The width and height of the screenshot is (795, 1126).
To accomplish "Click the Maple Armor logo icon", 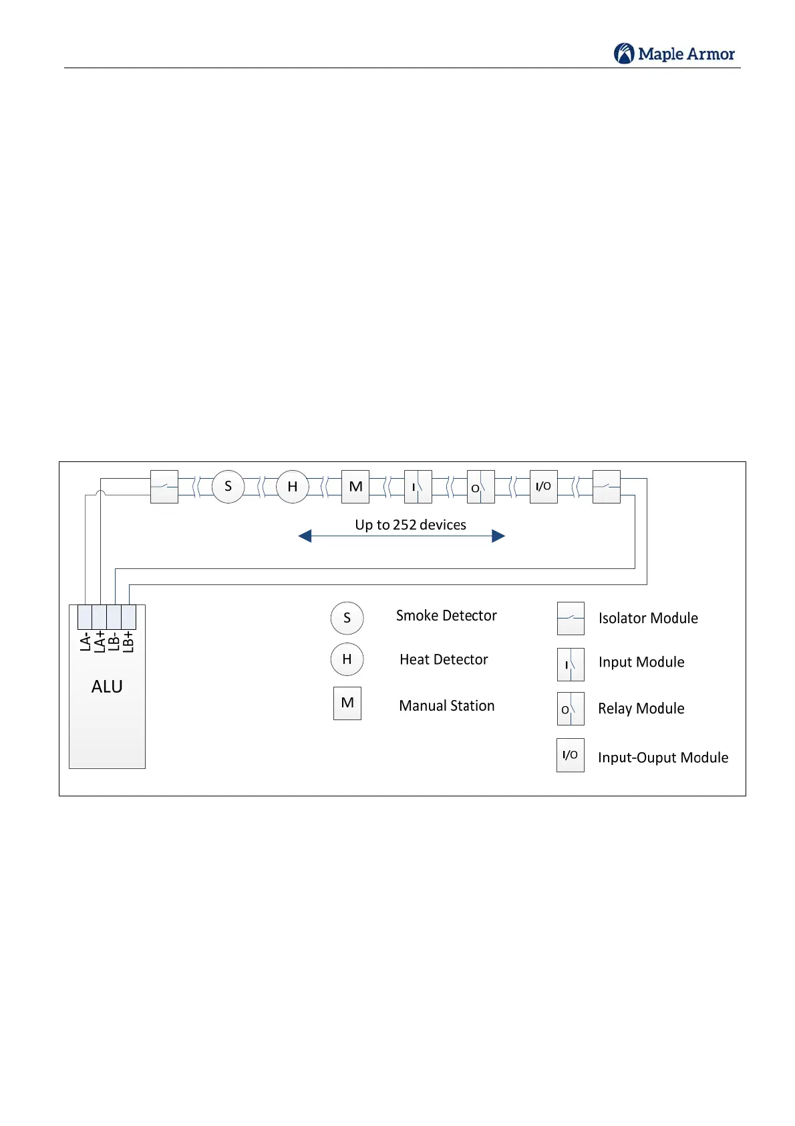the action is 624,53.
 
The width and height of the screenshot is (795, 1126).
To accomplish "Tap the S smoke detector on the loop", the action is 228,487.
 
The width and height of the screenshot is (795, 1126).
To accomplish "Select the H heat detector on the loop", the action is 292,487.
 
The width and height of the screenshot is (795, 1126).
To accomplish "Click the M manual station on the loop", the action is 355,487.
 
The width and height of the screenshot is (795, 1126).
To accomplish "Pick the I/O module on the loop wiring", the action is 543,487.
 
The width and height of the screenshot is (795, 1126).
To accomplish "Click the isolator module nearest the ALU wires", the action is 164,487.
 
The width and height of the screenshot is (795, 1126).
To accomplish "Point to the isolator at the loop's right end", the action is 607,487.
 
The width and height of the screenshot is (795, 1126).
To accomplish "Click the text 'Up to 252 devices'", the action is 410,525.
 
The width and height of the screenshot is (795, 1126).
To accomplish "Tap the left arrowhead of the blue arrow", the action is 305,536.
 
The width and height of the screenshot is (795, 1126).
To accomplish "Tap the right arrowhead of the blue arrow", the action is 498,536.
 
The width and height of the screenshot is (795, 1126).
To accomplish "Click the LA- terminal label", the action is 86,642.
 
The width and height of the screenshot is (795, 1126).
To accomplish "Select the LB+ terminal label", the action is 129,642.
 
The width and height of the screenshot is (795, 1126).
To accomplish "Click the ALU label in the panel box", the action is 107,687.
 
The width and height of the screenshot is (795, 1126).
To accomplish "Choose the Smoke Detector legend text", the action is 446,616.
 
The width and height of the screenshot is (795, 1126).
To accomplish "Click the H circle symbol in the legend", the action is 347,659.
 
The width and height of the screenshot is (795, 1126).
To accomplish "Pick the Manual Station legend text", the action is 447,706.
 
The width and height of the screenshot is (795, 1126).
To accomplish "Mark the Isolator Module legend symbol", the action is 571,618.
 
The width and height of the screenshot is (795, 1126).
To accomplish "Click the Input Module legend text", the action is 641,663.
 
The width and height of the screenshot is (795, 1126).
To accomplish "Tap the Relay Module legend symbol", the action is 571,709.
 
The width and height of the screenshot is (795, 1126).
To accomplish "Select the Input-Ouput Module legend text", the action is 663,758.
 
